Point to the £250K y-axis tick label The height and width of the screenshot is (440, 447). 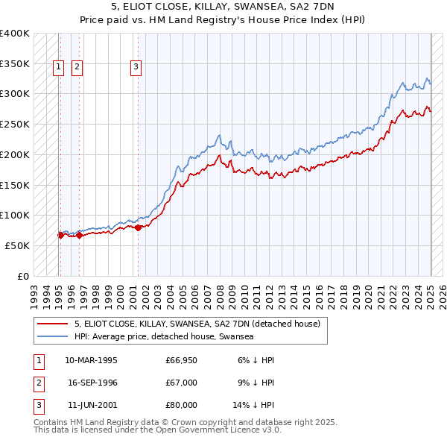[x=14, y=125]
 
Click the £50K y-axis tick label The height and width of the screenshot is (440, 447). [x=17, y=245]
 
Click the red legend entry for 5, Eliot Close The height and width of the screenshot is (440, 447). [x=197, y=324]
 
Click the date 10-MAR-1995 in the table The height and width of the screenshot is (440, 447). [x=92, y=360]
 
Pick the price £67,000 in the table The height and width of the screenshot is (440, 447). [x=182, y=383]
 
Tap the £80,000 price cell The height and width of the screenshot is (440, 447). [x=182, y=405]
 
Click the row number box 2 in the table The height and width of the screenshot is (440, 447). [x=38, y=383]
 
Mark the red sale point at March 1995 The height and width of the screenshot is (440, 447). [x=60, y=235]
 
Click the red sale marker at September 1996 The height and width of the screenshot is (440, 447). [x=80, y=235]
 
